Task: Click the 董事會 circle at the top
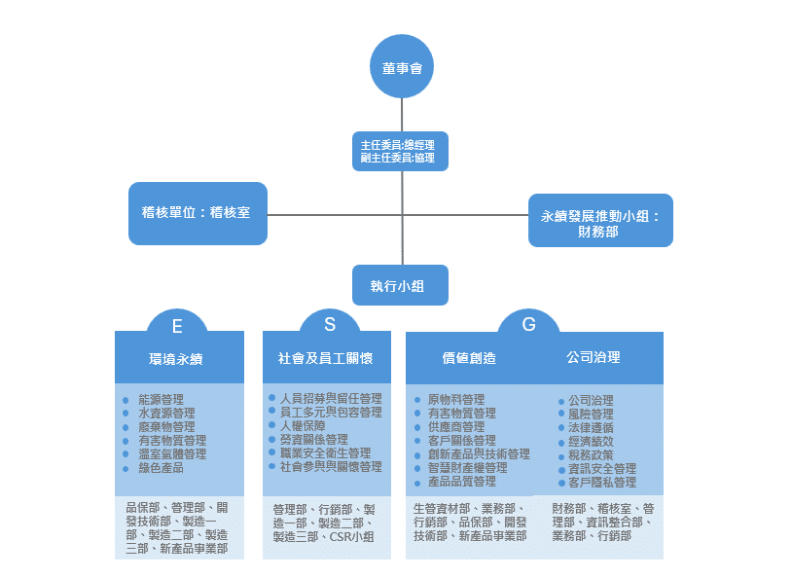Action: pos(401,67)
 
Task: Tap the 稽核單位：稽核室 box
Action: pos(198,212)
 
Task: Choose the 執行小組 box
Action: pos(400,286)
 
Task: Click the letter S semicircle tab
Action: pos(330,324)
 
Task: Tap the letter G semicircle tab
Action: pos(528,325)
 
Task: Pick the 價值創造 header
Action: pos(469,358)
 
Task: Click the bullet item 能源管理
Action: pos(161,400)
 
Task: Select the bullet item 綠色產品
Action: pos(161,468)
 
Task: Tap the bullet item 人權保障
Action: pos(302,426)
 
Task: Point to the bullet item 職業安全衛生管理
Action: pos(324,453)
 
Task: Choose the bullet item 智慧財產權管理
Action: pos(467,468)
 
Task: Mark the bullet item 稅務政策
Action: pos(591,455)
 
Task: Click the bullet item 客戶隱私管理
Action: pos(601,483)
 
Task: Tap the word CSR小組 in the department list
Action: pos(352,536)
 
